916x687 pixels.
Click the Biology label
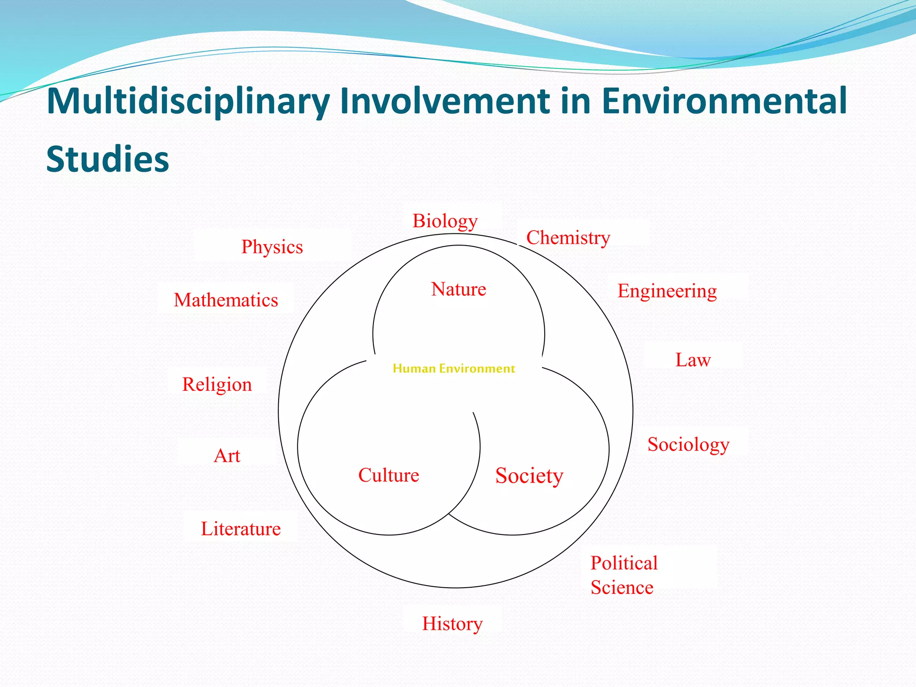point(445,221)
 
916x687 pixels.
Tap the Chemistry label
point(568,237)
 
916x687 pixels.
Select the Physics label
point(272,247)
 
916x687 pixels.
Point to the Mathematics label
point(226,300)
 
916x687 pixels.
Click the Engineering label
point(667,291)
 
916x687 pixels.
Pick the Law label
point(692,360)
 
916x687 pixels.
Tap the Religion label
point(217,385)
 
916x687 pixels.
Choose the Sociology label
point(688,444)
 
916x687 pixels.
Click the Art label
point(227,456)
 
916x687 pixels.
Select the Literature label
point(241,529)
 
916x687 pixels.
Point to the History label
point(452,623)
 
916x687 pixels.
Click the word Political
point(624,563)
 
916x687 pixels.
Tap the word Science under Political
point(622,587)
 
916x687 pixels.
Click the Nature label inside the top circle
point(458,289)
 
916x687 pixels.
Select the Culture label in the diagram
point(388,475)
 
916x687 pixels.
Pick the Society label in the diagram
point(529,475)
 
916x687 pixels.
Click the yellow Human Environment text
point(454,369)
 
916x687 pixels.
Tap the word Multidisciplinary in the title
point(188,101)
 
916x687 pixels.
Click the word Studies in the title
point(107,159)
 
